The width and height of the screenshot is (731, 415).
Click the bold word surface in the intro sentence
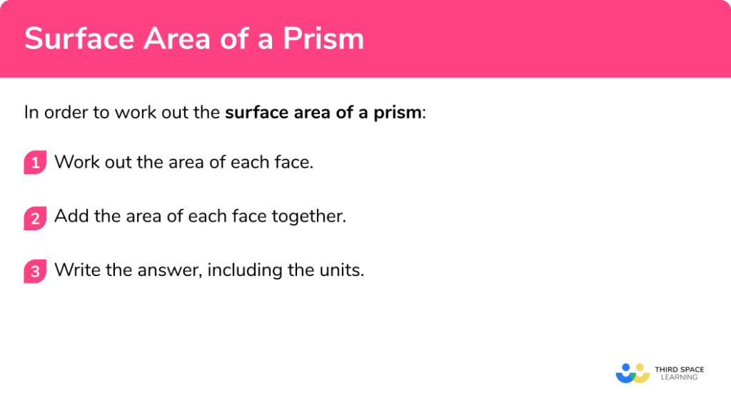tap(255, 113)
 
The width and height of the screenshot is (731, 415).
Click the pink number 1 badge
tap(34, 163)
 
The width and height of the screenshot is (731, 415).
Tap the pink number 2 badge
tap(34, 217)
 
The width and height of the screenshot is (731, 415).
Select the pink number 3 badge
tap(34, 271)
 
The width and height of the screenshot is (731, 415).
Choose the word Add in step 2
tap(71, 216)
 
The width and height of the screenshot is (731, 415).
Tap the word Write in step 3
tap(75, 270)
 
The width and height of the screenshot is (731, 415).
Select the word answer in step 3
tap(165, 270)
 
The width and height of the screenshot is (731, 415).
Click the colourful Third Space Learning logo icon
tap(632, 373)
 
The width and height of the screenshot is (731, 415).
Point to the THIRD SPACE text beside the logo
tap(679, 369)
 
